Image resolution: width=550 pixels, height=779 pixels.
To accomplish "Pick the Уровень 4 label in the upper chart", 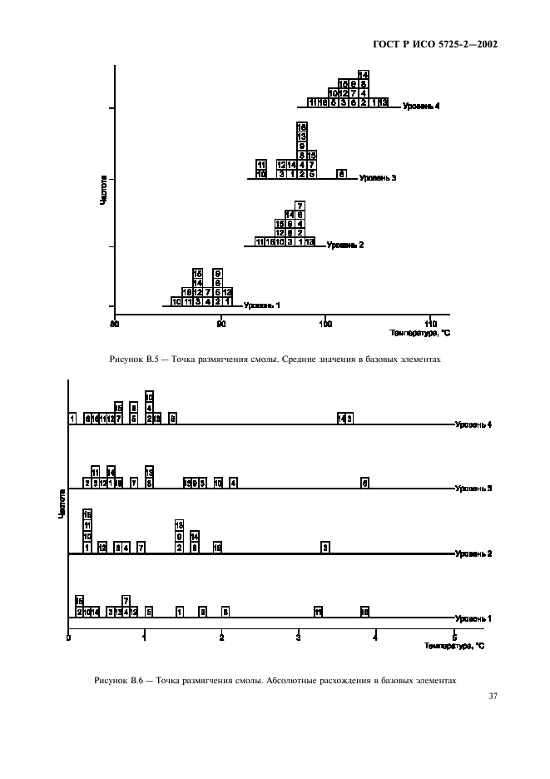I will pos(421,106).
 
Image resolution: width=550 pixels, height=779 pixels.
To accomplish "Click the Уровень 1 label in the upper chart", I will pos(261,305).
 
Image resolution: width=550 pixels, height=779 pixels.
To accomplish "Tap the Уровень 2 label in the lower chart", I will pos(473,553).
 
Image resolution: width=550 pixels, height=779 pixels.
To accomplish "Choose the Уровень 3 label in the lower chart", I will pos(473,488).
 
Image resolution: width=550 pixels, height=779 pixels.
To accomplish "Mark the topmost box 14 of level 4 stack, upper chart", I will pos(364,75).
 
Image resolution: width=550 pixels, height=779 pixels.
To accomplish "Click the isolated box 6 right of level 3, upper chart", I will pos(341,174).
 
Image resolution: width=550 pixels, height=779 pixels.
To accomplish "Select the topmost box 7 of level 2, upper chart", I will pos(300,206).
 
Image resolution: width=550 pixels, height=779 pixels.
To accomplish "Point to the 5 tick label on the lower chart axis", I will pos(453,638).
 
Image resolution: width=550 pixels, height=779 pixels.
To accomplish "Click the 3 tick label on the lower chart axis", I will pos(300,638).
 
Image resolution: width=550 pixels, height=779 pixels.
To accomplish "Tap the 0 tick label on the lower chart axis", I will pos(68,638).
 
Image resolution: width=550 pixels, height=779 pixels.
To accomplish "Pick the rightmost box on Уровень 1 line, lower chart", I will pos(364,612).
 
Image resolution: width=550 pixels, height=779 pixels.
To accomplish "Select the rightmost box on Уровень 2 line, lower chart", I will pos(326,547).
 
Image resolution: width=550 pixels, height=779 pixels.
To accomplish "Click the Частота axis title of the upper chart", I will pos(103,190).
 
